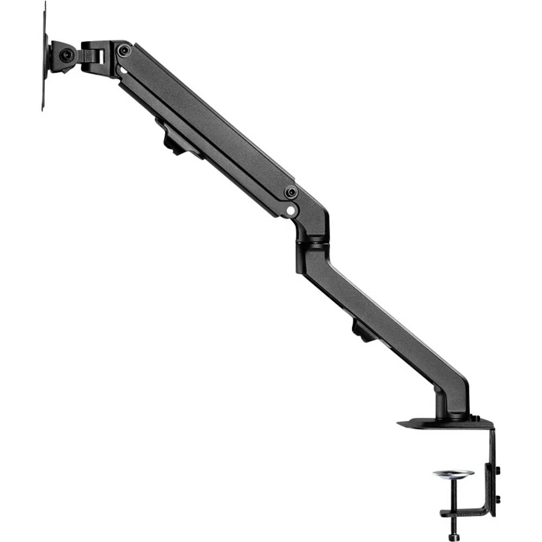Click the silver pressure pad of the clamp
[453, 474]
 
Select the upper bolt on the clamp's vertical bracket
[497, 469]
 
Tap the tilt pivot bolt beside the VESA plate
[66, 55]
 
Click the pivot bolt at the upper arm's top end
[125, 50]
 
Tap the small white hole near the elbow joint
[291, 208]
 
